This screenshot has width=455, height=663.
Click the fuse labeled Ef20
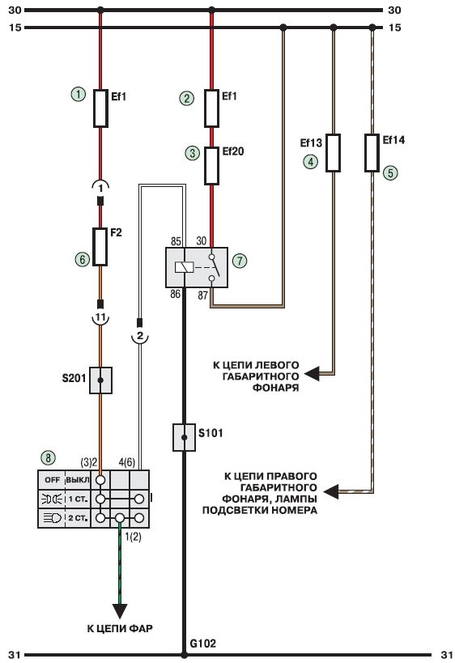coord(211,166)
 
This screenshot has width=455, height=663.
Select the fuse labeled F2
coord(100,247)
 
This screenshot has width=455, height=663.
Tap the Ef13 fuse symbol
coord(333,153)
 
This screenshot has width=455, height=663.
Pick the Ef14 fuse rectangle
coord(372,153)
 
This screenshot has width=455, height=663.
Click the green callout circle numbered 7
coord(240,261)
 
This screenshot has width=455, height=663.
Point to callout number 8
coord(49,457)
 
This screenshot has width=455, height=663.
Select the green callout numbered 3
coord(193,153)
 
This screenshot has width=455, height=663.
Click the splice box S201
coord(100,380)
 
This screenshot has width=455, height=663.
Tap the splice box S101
coord(184,437)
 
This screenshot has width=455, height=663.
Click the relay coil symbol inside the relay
coord(184,267)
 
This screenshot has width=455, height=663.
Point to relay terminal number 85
coord(176,241)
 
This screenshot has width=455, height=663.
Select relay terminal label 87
coord(203,295)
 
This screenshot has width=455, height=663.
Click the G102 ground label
coord(202,644)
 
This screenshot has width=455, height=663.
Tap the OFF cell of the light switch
coord(52,480)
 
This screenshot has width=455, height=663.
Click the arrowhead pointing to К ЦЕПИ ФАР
coord(120,611)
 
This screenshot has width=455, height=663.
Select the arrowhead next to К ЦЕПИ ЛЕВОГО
coord(312,374)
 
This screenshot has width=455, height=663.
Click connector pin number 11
coord(100,317)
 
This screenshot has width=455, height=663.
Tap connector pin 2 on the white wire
coord(141,337)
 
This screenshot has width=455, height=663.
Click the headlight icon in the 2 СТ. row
coord(52,517)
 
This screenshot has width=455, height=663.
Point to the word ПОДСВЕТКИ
coord(234,510)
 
